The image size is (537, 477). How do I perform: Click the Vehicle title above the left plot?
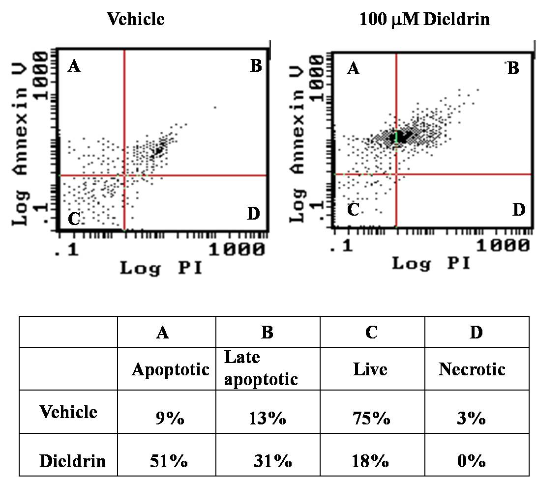pyautogui.click(x=136, y=19)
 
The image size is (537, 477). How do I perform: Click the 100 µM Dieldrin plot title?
pyautogui.click(x=424, y=19)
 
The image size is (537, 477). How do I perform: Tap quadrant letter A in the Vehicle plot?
pyautogui.click(x=74, y=66)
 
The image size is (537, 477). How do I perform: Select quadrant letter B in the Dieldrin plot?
pyautogui.click(x=513, y=68)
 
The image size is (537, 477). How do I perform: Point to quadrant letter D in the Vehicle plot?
pyautogui.click(x=253, y=214)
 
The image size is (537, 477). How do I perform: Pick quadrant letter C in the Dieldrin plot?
pyautogui.click(x=353, y=209)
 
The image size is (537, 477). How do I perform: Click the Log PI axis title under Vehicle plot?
pyautogui.click(x=161, y=268)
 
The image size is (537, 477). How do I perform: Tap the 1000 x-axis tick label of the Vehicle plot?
pyautogui.click(x=237, y=249)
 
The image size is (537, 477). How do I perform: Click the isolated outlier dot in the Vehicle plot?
pyautogui.click(x=215, y=108)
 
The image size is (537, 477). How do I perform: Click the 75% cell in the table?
pyautogui.click(x=371, y=418)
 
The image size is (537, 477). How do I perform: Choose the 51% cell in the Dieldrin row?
pyautogui.click(x=169, y=461)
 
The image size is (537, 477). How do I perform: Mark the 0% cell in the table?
pyautogui.click(x=471, y=461)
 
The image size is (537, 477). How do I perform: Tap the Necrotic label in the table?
pyautogui.click(x=472, y=369)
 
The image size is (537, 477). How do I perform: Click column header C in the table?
pyautogui.click(x=372, y=332)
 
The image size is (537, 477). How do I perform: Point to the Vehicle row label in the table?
pyautogui.click(x=68, y=412)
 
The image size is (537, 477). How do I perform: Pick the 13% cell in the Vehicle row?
pyautogui.click(x=268, y=418)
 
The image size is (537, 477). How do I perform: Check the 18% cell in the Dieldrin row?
pyautogui.click(x=370, y=461)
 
